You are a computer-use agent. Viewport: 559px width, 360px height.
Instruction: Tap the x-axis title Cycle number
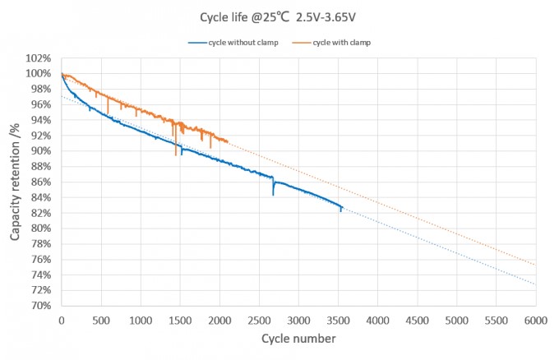click(298, 339)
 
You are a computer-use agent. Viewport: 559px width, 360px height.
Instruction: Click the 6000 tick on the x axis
click(535, 320)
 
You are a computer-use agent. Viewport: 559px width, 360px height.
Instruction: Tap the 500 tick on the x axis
click(101, 320)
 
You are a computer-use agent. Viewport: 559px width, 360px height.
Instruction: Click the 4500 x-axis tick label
click(417, 320)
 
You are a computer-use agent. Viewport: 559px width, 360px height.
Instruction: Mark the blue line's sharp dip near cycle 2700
click(273, 195)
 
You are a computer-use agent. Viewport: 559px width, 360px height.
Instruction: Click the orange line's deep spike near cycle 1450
click(176, 154)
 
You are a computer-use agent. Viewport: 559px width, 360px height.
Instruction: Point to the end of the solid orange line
click(227, 141)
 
